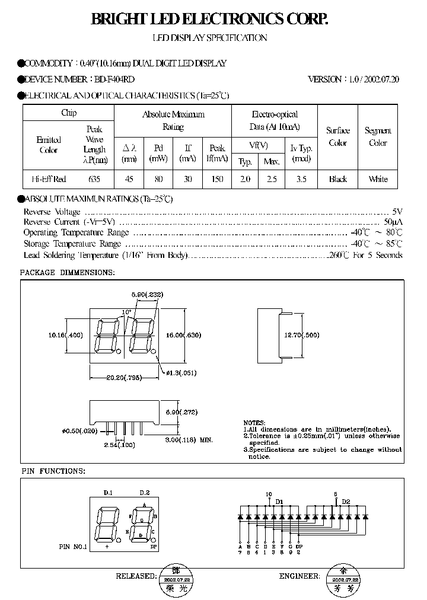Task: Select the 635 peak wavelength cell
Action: coord(94,179)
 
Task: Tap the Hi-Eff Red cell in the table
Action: coord(49,179)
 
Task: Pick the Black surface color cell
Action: coord(337,179)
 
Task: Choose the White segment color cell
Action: coord(378,179)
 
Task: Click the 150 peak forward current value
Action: coord(217,179)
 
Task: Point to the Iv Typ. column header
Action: coord(301,154)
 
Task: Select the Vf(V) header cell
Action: coord(258,145)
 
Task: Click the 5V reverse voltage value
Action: coord(397,212)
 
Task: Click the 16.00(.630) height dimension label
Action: coord(183,335)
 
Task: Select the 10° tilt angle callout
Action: coord(127,312)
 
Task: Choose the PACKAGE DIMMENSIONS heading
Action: coord(67,272)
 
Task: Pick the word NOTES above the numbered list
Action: coord(254,422)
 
